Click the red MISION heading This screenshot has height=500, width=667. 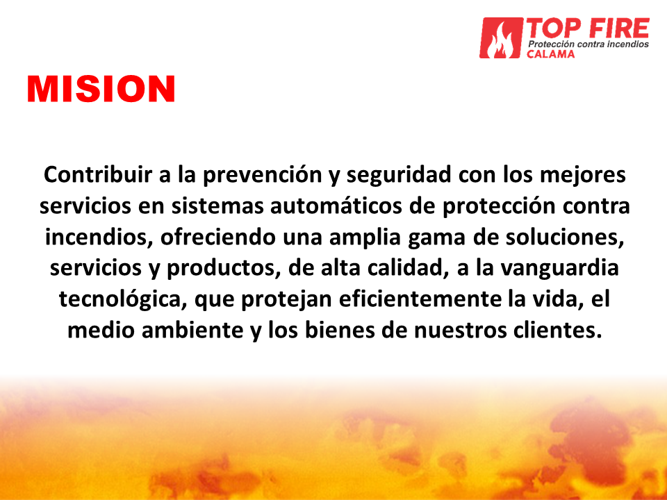101,89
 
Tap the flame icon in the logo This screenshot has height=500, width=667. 501,37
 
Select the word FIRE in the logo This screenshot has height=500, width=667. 619,28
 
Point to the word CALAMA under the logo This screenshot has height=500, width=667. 550,54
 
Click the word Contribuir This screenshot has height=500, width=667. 98,174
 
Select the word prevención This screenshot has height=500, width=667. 262,175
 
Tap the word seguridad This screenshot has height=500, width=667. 399,175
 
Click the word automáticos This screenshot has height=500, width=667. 336,206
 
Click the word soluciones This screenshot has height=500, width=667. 564,237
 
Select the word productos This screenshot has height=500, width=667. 224,269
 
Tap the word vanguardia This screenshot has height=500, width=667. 559,269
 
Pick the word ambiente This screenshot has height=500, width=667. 192,330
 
